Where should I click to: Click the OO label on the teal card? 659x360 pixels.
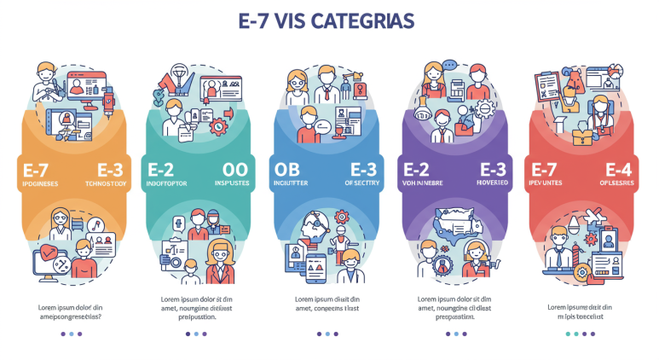click(x=234, y=169)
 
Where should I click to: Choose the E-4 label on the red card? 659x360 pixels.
click(x=620, y=169)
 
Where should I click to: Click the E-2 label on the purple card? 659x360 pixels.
click(x=418, y=169)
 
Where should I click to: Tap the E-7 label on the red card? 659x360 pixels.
click(x=546, y=169)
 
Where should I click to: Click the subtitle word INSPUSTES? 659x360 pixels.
click(x=233, y=183)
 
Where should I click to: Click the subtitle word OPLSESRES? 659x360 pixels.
click(x=616, y=183)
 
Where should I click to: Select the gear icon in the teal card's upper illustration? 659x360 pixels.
click(x=217, y=127)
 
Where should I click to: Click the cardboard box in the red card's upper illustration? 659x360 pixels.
click(x=582, y=134)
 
